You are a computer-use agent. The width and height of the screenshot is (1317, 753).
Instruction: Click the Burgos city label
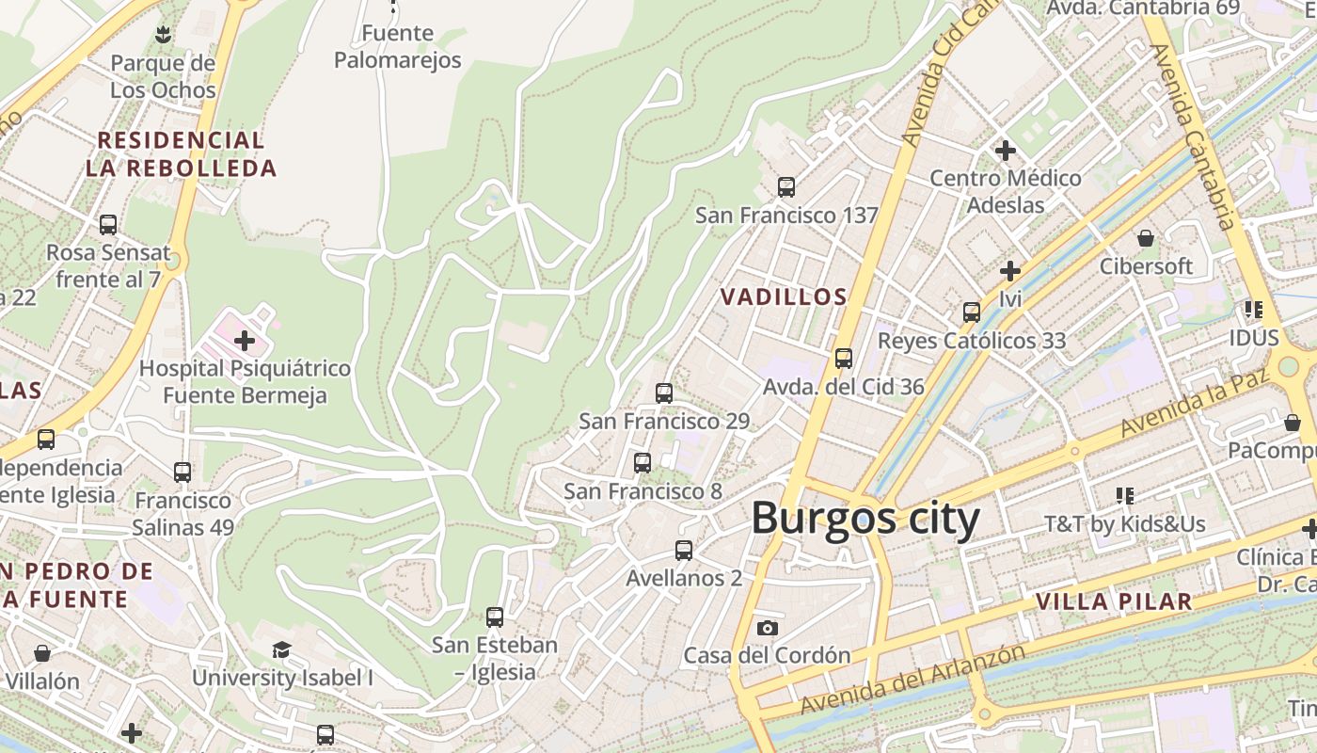pos(865,519)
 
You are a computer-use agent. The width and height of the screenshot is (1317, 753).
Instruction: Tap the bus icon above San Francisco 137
pos(786,186)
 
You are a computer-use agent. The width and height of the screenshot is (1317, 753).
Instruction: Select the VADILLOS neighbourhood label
pos(784,297)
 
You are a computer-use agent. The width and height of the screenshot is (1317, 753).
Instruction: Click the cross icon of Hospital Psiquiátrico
pos(245,340)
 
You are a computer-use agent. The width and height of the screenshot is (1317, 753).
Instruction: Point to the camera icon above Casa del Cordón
pos(768,628)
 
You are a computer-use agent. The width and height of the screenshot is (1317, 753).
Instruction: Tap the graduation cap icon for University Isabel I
pos(281,649)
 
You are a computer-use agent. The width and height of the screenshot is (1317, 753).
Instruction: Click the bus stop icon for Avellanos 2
pos(684,551)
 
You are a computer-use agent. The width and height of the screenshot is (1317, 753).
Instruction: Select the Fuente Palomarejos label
pos(398,47)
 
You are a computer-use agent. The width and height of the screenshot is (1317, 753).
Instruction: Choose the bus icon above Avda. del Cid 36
pos(844,359)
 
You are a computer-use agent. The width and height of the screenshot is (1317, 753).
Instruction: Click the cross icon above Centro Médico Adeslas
pos(1006,150)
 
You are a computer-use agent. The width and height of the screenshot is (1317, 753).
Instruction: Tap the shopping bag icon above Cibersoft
pos(1146,238)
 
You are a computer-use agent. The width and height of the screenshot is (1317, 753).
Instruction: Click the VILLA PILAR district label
pos(1114,601)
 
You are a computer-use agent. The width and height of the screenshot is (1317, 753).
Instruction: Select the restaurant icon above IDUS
pos(1253,309)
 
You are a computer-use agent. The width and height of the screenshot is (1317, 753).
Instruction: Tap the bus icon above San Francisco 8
pos(643,463)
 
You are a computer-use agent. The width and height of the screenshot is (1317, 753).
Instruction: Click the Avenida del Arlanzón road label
pos(912,679)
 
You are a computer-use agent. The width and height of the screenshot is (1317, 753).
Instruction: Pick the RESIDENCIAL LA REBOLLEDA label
pos(182,154)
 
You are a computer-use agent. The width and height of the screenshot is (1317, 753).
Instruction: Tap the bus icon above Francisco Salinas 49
pos(182,473)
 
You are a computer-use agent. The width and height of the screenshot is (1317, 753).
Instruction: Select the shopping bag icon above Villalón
pos(42,652)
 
